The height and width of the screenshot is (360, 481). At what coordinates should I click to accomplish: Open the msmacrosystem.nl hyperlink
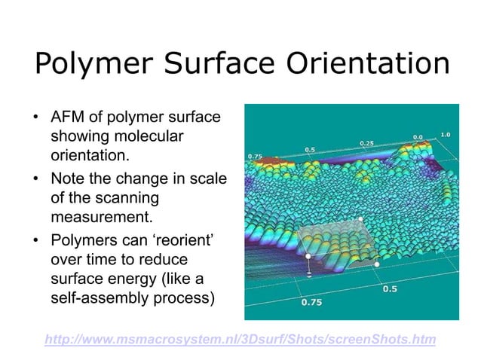240,340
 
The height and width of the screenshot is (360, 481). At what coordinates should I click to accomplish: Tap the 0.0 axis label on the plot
417,137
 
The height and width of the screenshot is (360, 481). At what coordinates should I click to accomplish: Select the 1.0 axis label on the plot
445,134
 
